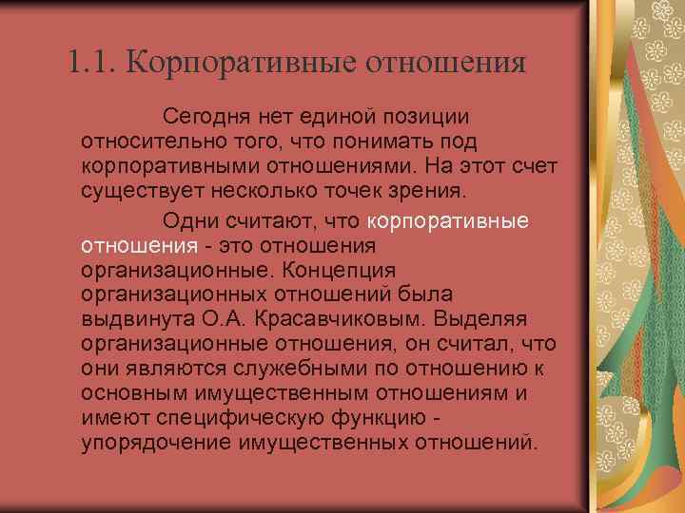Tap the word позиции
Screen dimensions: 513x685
click(424, 116)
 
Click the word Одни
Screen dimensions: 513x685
click(187, 222)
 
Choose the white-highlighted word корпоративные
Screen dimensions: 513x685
click(447, 222)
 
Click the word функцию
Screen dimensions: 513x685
click(362, 418)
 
